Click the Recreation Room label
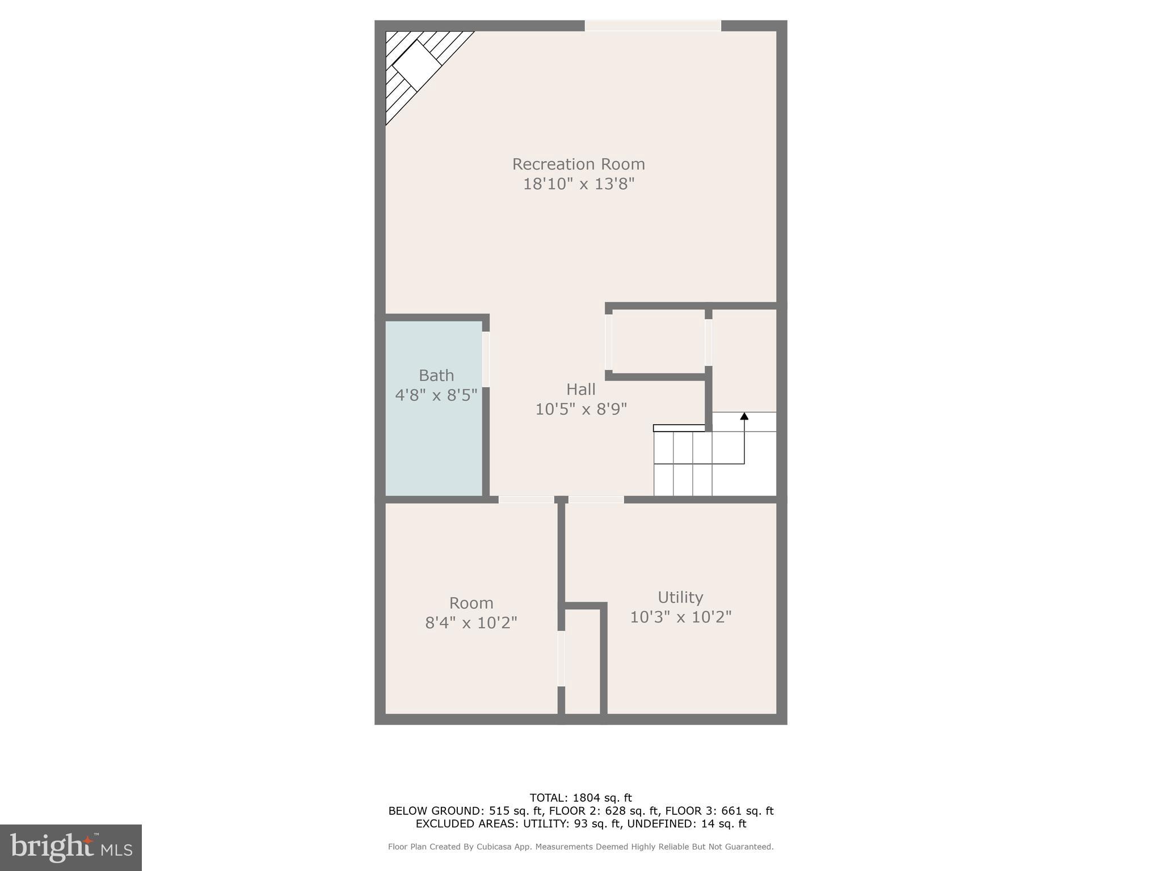coord(578,164)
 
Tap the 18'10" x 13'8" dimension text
coord(578,184)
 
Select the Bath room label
coord(436,375)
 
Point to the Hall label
coord(580,390)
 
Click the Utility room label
coord(680,597)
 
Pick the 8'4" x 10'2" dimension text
coord(471,623)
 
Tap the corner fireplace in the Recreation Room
coord(417,65)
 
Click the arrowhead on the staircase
coord(744,416)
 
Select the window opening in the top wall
coord(652,26)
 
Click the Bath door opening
coord(486,360)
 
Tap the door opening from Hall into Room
coord(526,500)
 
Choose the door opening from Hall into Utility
coord(596,500)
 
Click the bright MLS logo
coord(71,847)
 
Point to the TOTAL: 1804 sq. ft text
coord(580,798)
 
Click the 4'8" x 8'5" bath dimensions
coord(436,395)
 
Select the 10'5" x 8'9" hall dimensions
coord(581,409)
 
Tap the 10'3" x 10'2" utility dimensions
coord(681,617)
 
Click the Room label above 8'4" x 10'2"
coord(471,603)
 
